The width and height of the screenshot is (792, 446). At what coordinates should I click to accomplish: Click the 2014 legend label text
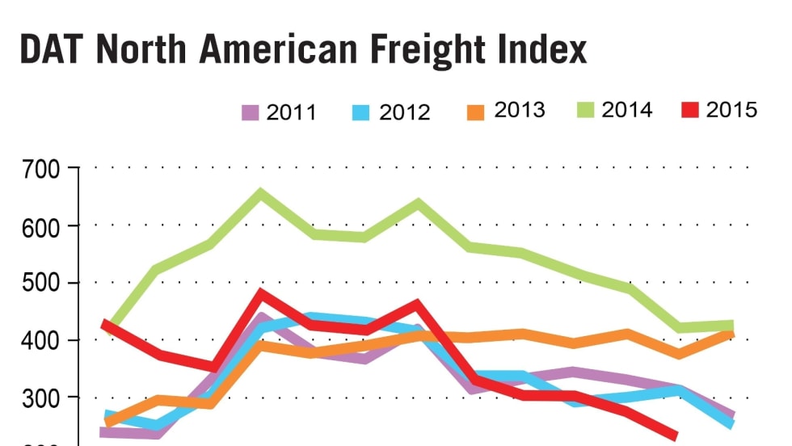click(x=626, y=110)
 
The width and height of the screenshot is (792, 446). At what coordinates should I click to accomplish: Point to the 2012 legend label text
click(x=404, y=112)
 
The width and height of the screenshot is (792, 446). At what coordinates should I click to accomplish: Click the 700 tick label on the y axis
click(x=43, y=170)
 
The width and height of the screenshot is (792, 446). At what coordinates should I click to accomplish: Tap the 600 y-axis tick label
click(x=43, y=226)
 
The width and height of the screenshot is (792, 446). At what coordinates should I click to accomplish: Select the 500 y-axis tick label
click(x=43, y=284)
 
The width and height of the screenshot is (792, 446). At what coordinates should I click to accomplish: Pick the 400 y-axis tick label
click(x=43, y=340)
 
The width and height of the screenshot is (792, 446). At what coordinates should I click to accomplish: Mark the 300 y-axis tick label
click(x=43, y=398)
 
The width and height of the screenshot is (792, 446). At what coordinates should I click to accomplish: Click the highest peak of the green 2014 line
click(x=260, y=194)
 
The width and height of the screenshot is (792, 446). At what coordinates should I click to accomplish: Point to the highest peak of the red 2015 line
click(x=261, y=294)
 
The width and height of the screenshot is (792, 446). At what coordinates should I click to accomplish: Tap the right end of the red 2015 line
click(x=673, y=436)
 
